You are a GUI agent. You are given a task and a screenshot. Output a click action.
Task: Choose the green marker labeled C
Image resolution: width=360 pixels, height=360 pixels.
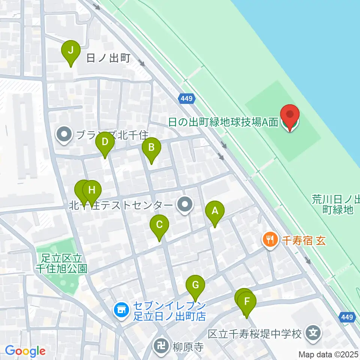coord(159,226)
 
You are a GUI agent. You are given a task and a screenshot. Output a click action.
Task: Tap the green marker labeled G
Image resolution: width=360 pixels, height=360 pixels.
coord(195,286)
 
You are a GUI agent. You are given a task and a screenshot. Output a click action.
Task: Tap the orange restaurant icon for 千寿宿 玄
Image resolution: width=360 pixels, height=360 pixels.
coord(270,239)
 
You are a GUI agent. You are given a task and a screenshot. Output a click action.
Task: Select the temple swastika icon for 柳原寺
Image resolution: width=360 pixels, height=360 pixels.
coord(162,345)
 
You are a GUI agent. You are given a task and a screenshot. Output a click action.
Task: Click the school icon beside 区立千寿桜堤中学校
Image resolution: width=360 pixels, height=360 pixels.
coord(313,333)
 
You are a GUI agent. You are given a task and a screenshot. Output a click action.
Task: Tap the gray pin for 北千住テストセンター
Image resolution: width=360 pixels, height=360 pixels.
coord(185,205)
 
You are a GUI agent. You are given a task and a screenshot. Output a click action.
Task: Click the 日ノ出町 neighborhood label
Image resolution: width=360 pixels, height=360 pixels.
coord(108,58)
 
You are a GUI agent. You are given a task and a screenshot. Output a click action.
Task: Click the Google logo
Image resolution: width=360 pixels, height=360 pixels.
coord(25,351)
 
